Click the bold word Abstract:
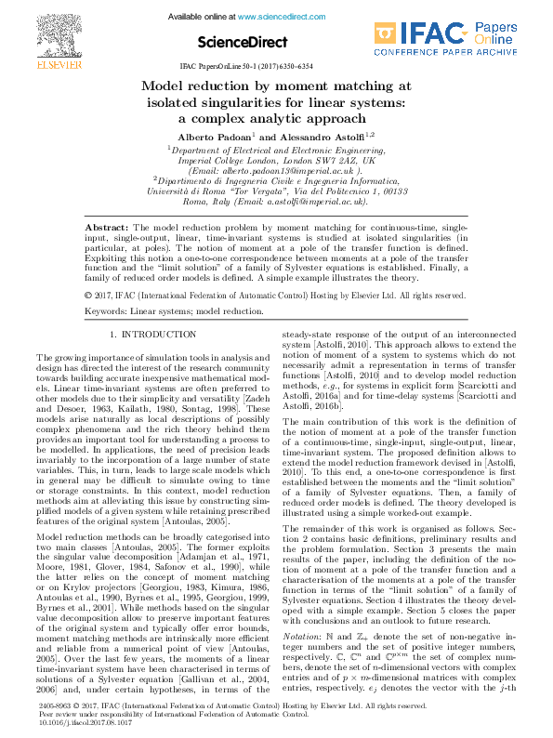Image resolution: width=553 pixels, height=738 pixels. [108, 228]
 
